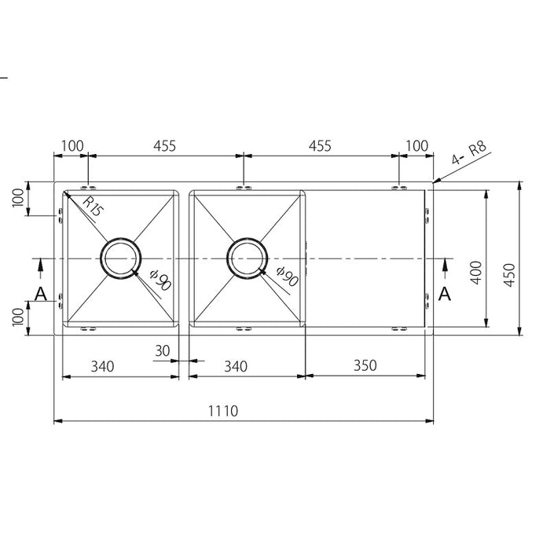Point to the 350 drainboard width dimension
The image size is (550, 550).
pyautogui.click(x=366, y=365)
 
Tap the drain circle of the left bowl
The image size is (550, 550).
pyautogui.click(x=121, y=258)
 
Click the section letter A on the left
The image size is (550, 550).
pyautogui.click(x=41, y=294)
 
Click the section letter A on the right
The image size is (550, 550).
pyautogui.click(x=445, y=294)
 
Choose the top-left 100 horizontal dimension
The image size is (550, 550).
pyautogui.click(x=71, y=145)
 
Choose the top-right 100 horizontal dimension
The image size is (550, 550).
pyautogui.click(x=418, y=145)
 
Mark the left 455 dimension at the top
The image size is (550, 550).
pyautogui.click(x=164, y=145)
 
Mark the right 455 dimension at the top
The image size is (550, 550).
pyautogui.click(x=320, y=145)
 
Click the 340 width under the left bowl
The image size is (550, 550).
pyautogui.click(x=104, y=365)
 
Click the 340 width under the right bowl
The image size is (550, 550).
pyautogui.click(x=236, y=365)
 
